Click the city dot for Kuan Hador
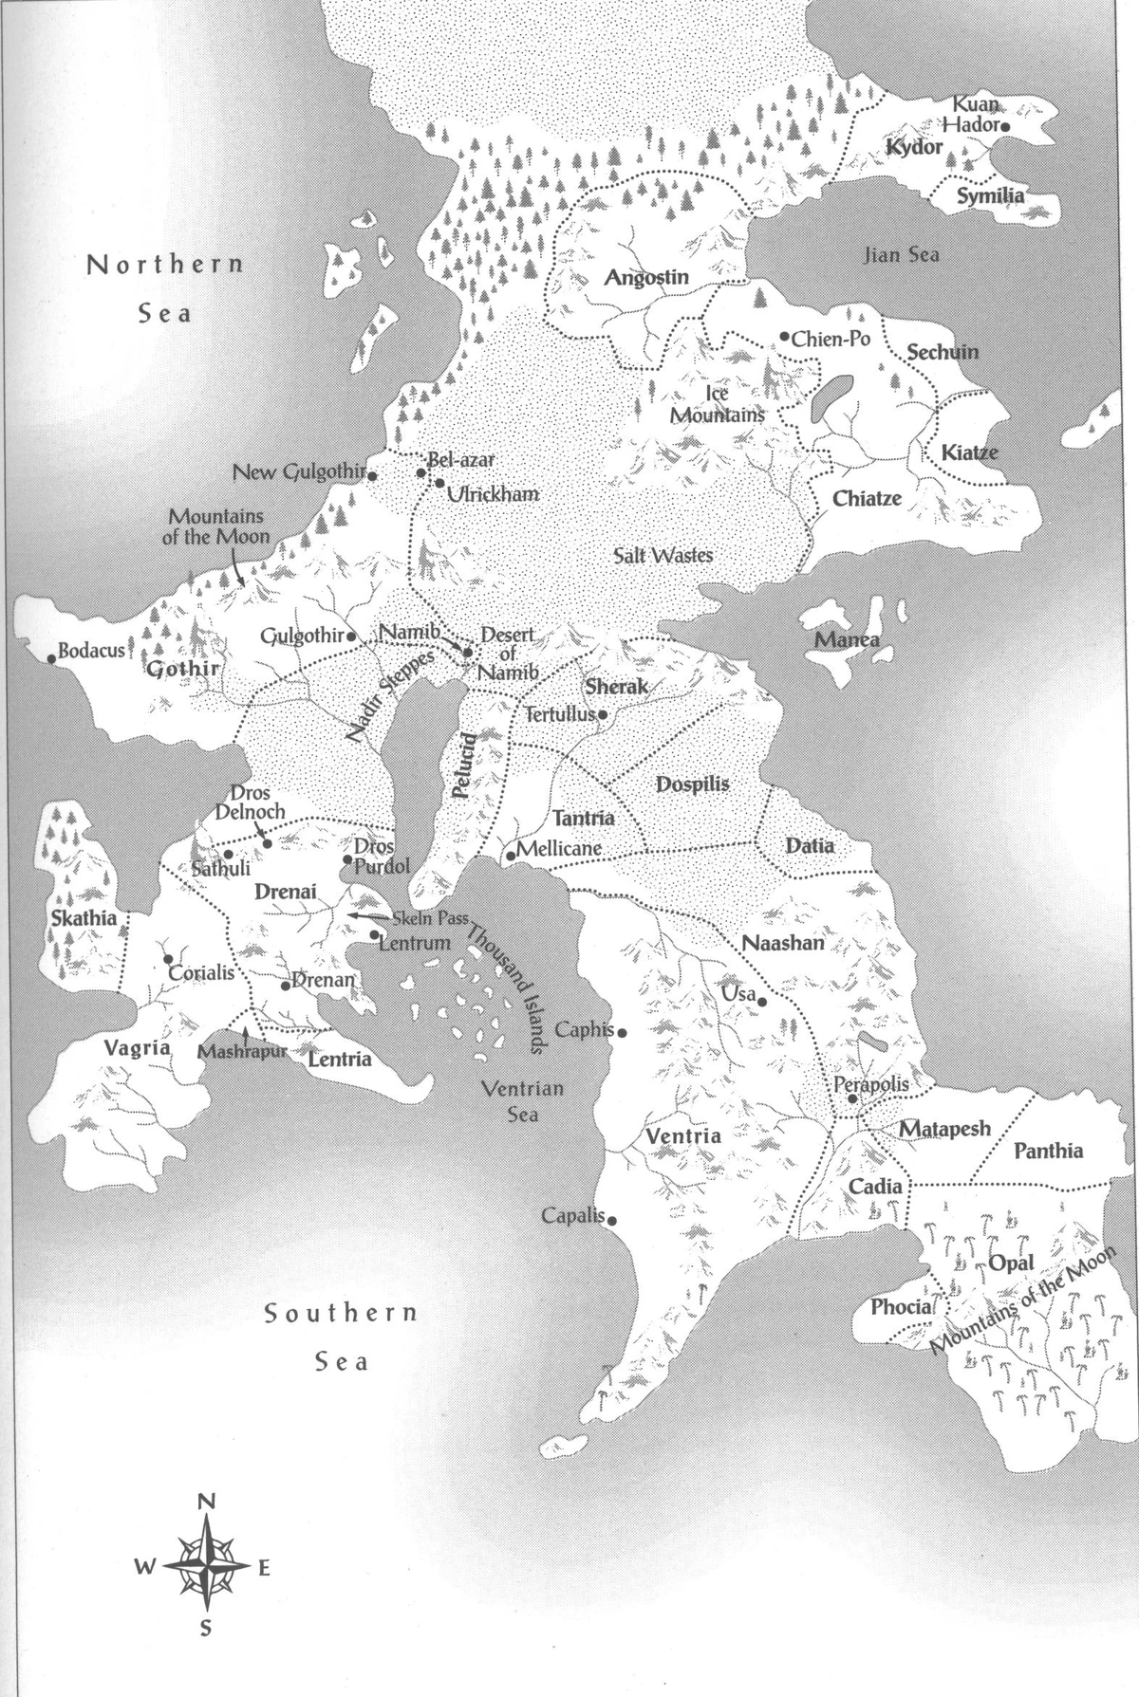(x=1005, y=125)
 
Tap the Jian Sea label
(x=901, y=254)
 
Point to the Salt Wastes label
(x=663, y=555)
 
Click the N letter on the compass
(x=206, y=1502)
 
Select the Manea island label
(x=847, y=640)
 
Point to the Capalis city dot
(x=612, y=1221)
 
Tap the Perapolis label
(x=870, y=1083)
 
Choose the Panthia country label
(x=1048, y=1151)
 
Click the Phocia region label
(x=901, y=1307)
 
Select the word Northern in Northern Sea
(x=165, y=265)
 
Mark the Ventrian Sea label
(x=523, y=1099)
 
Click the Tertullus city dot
(x=602, y=714)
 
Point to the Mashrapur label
(x=242, y=1052)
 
